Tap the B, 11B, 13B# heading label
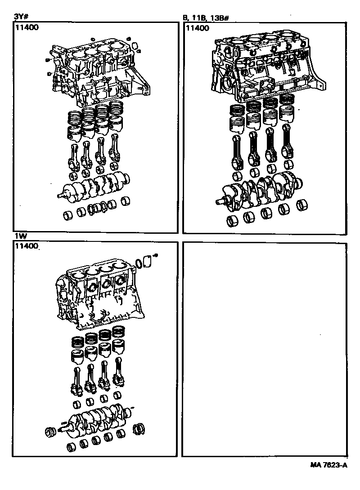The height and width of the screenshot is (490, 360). [206, 18]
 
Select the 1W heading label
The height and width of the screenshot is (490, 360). [18, 236]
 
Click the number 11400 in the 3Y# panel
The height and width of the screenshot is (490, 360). [27, 27]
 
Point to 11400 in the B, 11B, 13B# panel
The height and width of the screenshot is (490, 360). [198, 28]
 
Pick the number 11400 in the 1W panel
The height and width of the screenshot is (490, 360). [27, 246]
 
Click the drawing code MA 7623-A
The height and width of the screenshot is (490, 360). [328, 465]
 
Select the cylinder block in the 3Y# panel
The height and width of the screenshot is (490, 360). [97, 72]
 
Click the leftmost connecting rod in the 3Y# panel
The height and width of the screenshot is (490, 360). [74, 156]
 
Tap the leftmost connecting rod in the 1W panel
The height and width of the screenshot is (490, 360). [77, 380]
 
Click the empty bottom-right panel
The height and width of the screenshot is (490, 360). [265, 349]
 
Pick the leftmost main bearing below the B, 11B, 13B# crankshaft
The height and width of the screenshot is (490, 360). [232, 221]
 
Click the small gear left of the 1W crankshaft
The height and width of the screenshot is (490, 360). [50, 432]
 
